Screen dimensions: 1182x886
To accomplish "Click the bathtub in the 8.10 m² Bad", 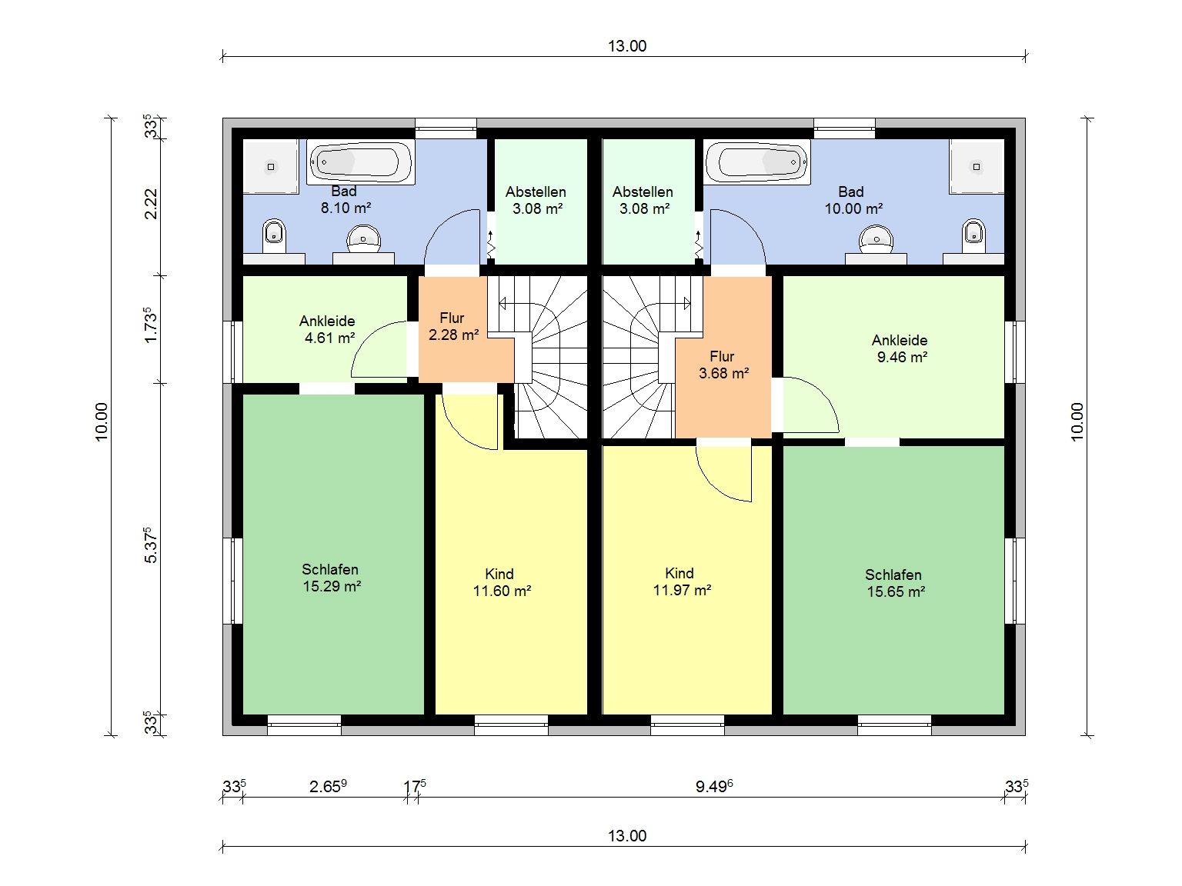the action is click(361, 162).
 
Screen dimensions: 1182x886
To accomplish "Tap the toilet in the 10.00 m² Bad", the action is click(973, 235).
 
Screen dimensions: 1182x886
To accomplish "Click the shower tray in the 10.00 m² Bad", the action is click(977, 167).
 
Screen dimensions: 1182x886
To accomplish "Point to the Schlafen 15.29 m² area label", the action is click(331, 578).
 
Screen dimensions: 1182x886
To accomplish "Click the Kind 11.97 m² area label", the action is click(682, 581).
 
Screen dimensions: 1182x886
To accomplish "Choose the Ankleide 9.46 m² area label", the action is click(900, 348).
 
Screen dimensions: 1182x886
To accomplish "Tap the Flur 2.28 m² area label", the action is click(453, 327).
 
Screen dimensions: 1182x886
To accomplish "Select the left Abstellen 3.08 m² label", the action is click(536, 200).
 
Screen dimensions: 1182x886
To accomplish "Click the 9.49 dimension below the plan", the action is click(714, 787).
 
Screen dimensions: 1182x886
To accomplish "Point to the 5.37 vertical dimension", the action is click(152, 545).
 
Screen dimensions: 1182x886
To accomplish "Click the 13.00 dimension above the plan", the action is click(627, 46).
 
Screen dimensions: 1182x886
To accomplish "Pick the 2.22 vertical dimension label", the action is click(152, 204).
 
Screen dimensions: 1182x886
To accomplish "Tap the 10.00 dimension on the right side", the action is click(1077, 421).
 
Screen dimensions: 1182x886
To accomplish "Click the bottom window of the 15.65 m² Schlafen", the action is click(894, 724).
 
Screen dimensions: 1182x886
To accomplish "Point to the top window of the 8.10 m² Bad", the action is click(446, 128).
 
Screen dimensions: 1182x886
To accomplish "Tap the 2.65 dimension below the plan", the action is click(328, 787).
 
